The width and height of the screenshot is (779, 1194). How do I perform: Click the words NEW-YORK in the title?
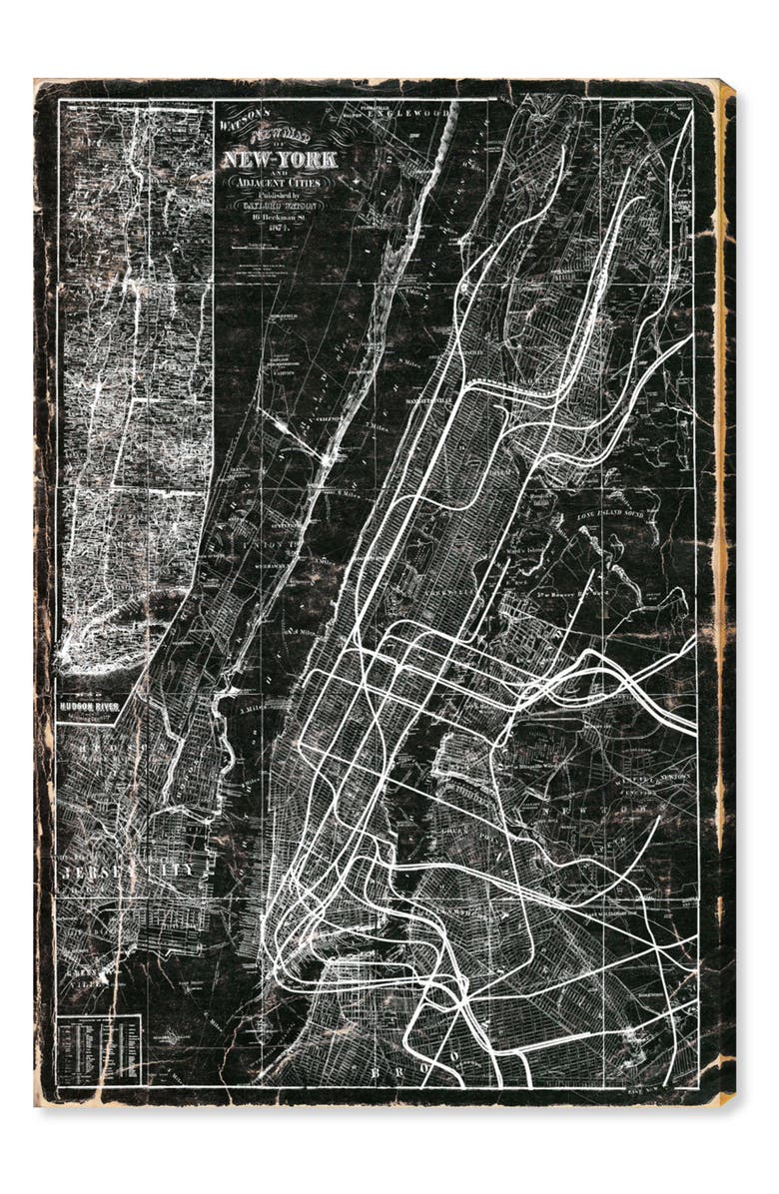coord(279,159)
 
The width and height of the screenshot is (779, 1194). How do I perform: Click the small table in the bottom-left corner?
coord(99,1049)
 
